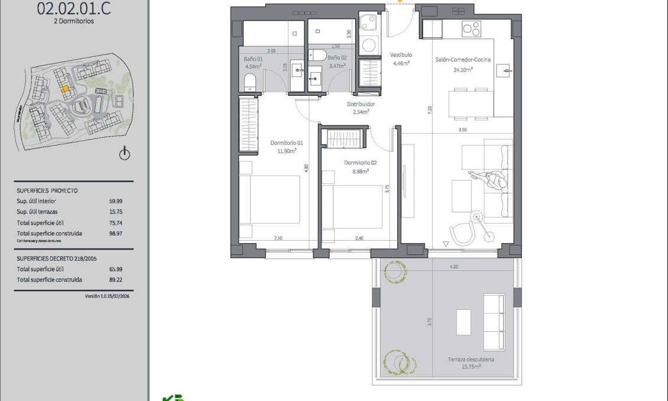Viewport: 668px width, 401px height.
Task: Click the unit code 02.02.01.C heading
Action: click(73, 9)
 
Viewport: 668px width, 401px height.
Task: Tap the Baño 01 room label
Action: click(253, 59)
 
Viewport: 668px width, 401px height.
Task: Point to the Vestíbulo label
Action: click(401, 55)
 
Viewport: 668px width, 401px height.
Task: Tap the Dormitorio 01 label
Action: click(286, 143)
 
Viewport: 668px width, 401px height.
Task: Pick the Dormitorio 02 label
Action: click(360, 163)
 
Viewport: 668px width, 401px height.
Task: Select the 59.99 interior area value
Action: click(116, 201)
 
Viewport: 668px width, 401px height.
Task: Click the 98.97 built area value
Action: click(116, 233)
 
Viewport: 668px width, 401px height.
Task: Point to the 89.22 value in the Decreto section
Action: click(116, 280)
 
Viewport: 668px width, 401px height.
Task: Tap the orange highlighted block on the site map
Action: click(66, 89)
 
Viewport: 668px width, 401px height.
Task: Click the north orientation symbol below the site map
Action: click(124, 154)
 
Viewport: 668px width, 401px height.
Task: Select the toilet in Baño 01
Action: click(249, 82)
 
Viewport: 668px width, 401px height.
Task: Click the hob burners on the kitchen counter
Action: click(471, 28)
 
